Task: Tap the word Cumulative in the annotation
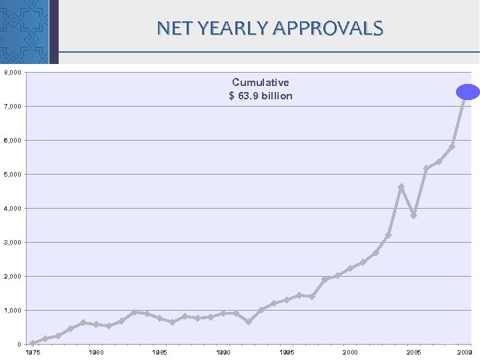click(261, 82)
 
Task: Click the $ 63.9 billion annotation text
click(261, 96)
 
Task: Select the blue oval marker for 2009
click(468, 93)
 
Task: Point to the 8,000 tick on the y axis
click(13, 72)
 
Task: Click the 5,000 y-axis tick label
click(13, 174)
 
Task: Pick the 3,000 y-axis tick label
click(13, 242)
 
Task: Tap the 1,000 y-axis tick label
click(13, 310)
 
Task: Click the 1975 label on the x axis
click(33, 352)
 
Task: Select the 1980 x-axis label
click(96, 352)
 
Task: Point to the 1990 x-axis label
click(223, 352)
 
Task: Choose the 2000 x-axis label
click(350, 352)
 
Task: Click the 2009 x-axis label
click(464, 352)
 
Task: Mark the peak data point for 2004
click(401, 187)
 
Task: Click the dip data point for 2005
click(413, 215)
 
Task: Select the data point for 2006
click(426, 169)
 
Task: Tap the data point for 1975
click(33, 343)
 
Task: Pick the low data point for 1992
click(249, 322)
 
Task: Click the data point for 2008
click(451, 147)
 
